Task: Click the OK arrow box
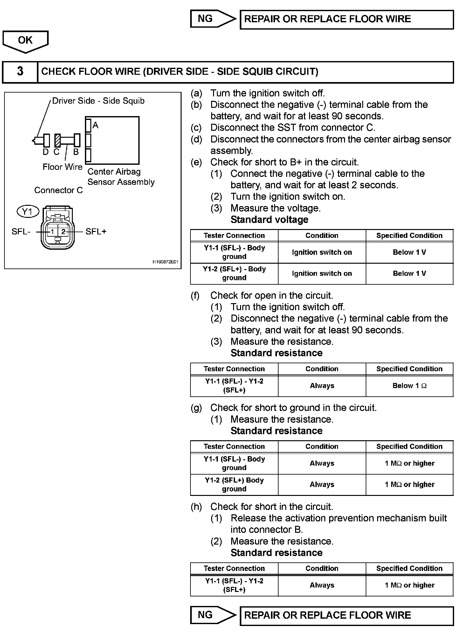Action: point(25,41)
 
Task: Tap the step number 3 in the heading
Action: point(20,71)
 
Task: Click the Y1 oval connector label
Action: point(28,211)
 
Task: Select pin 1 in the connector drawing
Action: point(52,232)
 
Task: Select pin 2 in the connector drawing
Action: point(63,232)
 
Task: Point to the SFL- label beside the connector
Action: point(21,232)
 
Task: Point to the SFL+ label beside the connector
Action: point(96,232)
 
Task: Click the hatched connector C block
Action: point(57,140)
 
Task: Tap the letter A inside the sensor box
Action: point(95,126)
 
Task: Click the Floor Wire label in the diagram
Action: point(62,167)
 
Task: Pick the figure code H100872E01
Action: point(165,262)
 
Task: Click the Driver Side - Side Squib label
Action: point(98,101)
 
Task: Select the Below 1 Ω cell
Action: point(409,386)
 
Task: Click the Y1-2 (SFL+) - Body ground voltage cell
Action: point(234,273)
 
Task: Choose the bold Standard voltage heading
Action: point(269,219)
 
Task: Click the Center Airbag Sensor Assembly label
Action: point(121,177)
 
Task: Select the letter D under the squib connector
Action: point(45,152)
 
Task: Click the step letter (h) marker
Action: point(196,506)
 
